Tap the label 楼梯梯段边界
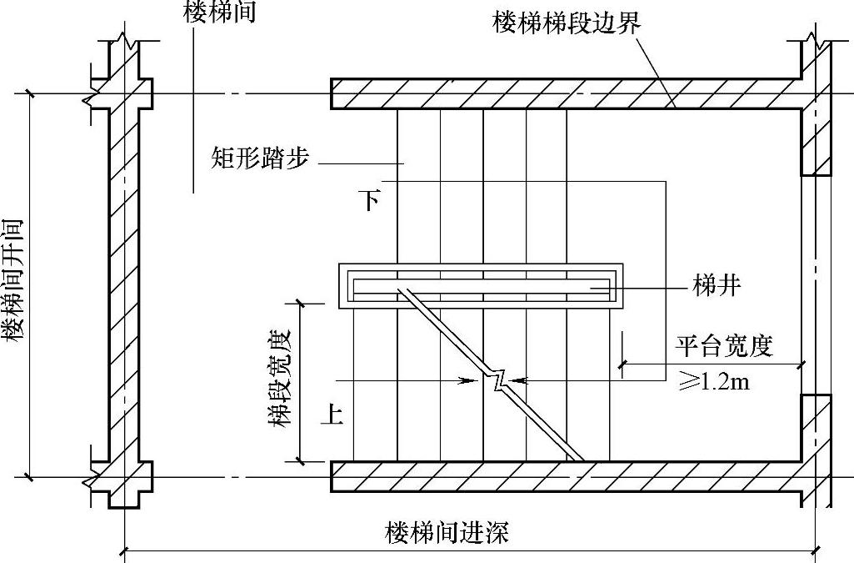[x=567, y=23]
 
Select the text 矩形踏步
[x=260, y=158]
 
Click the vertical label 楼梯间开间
[x=12, y=281]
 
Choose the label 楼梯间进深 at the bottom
[x=447, y=533]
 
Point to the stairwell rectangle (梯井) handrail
[x=480, y=286]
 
